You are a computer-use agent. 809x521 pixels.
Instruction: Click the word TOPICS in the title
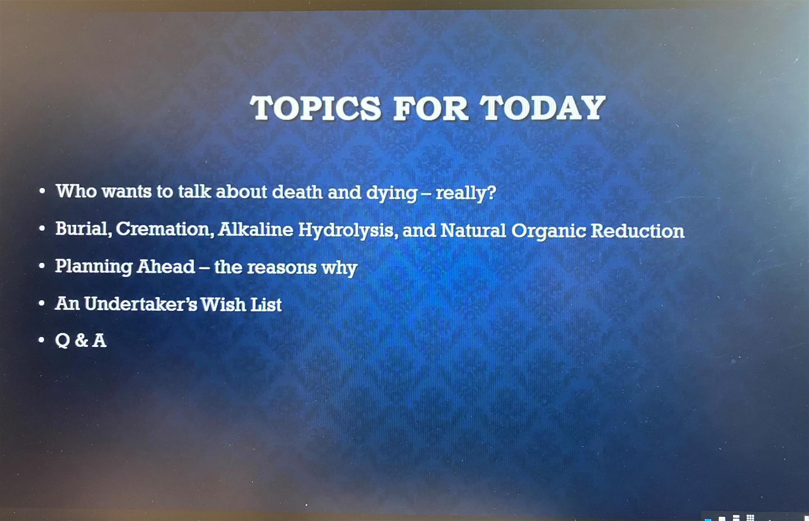(x=316, y=108)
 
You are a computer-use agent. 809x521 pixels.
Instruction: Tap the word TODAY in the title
(x=543, y=108)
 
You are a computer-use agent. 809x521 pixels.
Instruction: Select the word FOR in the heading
(x=431, y=108)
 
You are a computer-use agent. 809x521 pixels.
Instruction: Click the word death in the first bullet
(x=297, y=192)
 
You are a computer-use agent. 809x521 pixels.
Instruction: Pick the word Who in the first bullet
(x=76, y=191)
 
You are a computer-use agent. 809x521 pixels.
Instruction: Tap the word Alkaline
(x=255, y=230)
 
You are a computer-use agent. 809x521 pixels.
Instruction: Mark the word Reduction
(x=637, y=231)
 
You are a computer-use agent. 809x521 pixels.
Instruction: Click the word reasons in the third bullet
(x=282, y=268)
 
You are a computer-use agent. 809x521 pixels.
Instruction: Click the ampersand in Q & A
(x=81, y=341)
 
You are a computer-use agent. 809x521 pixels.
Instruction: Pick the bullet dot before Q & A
(x=41, y=340)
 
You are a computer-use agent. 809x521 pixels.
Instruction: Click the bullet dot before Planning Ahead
(x=42, y=266)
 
